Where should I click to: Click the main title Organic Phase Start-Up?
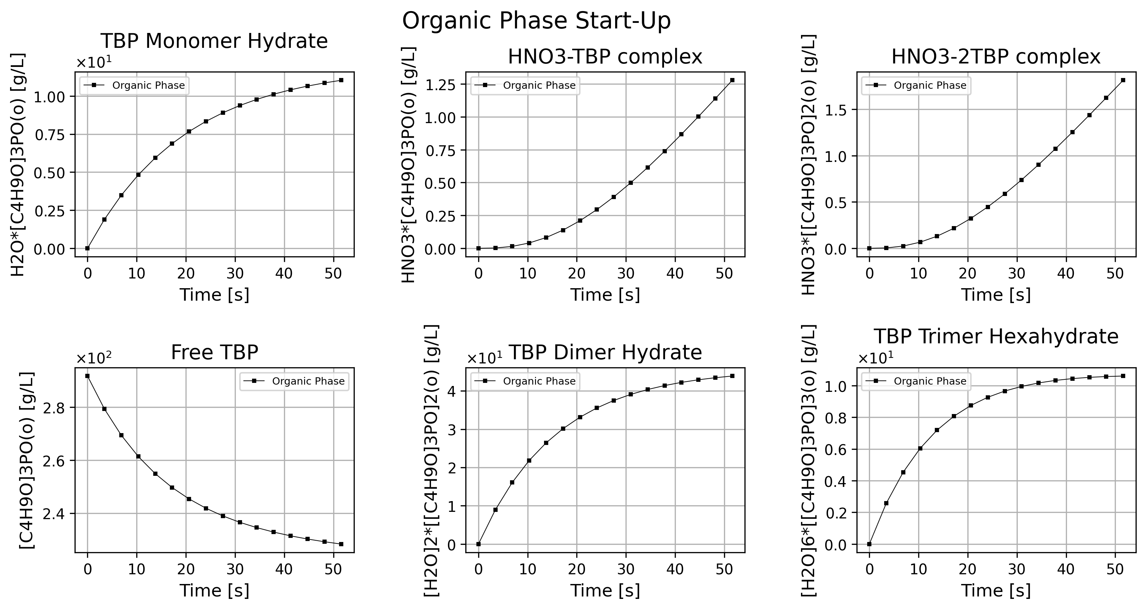[536, 20]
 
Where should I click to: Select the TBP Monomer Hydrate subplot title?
[214, 41]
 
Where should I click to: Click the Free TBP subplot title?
[214, 352]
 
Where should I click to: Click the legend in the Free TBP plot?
[294, 381]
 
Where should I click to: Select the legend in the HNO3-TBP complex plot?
[525, 85]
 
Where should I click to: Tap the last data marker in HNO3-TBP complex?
[732, 80]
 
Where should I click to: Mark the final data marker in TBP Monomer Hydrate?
[341, 80]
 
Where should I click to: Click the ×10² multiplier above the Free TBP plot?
[94, 358]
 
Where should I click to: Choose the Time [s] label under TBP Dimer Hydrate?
[605, 591]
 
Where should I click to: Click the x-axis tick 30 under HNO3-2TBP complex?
[1017, 273]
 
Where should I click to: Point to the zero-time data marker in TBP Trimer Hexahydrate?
[869, 544]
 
